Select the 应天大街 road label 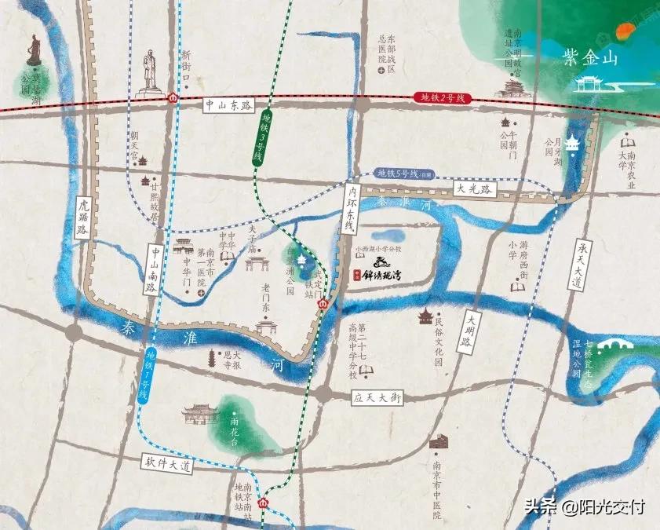point(377,398)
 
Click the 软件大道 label point(168,464)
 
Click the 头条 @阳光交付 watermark point(584,507)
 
